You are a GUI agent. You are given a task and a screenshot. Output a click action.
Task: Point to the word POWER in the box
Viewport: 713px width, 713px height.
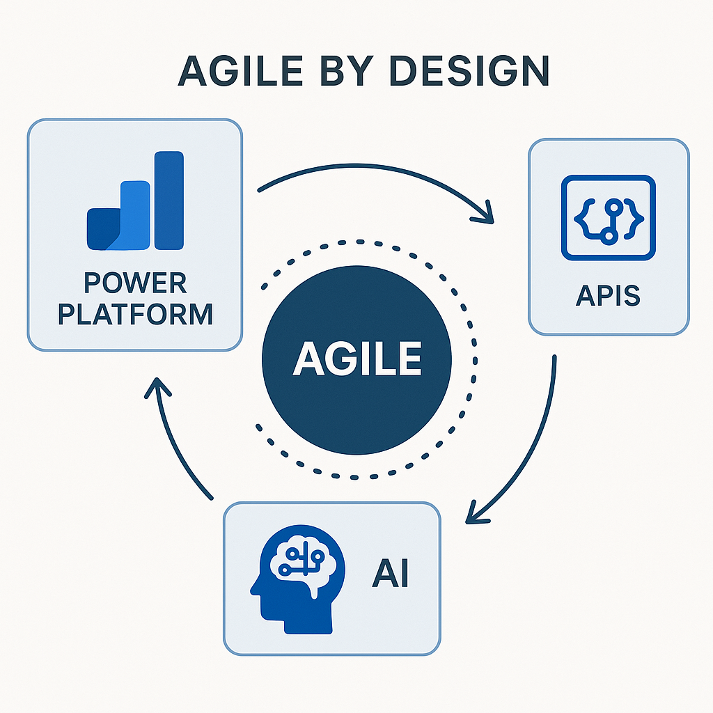tap(135, 284)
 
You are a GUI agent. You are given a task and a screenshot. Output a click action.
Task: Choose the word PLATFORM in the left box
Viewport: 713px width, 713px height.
tap(135, 314)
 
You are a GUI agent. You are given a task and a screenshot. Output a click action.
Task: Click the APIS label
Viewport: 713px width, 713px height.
tap(609, 296)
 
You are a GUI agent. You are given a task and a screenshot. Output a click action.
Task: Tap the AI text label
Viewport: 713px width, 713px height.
tap(390, 576)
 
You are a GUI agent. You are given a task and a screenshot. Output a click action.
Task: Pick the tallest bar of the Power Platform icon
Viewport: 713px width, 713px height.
tap(169, 200)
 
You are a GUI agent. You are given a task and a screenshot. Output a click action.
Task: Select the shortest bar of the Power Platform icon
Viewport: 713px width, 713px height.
tap(101, 228)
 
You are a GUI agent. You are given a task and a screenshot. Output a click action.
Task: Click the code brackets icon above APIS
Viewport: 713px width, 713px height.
tap(609, 217)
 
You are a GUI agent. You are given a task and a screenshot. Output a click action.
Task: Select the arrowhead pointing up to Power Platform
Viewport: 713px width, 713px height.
tap(158, 386)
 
